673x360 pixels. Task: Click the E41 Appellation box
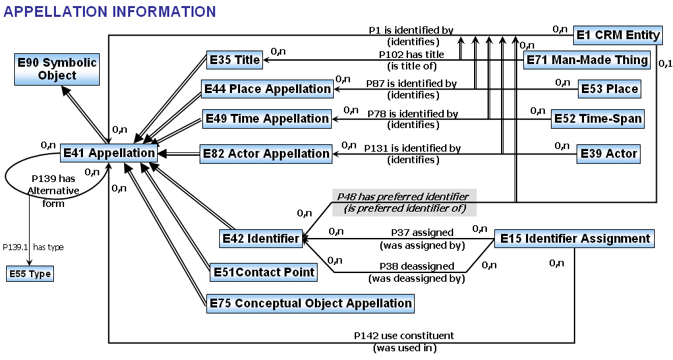tap(109, 153)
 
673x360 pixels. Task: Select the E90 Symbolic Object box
tap(57, 69)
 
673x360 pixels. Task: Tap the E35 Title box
tap(235, 59)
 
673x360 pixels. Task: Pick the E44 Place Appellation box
tap(268, 89)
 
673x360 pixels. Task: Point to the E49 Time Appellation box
tap(267, 119)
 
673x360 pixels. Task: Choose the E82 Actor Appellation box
tap(266, 154)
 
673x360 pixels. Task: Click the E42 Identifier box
tap(260, 239)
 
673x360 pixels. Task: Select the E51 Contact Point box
tap(264, 272)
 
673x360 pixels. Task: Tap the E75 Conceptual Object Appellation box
tap(310, 303)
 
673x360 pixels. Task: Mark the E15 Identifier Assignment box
tap(575, 239)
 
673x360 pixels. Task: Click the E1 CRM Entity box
tap(618, 35)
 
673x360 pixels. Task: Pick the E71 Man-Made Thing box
tap(587, 60)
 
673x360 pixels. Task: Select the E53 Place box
tap(610, 89)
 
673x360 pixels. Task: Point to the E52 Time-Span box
tap(598, 119)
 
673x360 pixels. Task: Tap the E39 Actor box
tap(609, 154)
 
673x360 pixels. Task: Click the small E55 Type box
tap(30, 274)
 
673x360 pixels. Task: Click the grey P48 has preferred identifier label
tap(405, 202)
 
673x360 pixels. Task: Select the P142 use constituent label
tap(404, 342)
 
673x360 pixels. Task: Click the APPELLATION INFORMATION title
tap(109, 11)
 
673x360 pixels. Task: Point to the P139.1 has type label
tap(33, 247)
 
